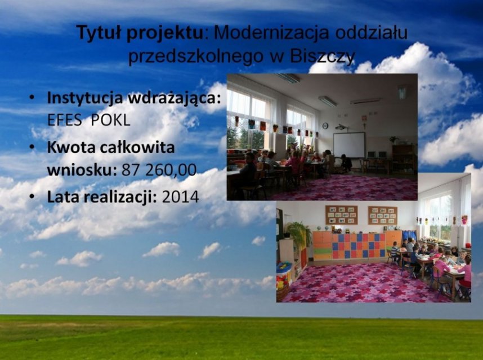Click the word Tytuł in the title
(x=99, y=33)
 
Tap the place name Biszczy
(x=323, y=56)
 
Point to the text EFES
(x=64, y=120)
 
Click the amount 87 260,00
(x=159, y=169)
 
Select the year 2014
(x=180, y=197)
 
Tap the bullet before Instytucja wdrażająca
(x=32, y=97)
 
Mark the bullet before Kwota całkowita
(x=32, y=147)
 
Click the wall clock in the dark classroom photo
(x=325, y=125)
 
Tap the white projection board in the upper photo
(x=350, y=145)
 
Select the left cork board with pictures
(x=342, y=215)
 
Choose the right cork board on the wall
(x=383, y=215)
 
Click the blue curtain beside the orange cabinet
(x=410, y=235)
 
